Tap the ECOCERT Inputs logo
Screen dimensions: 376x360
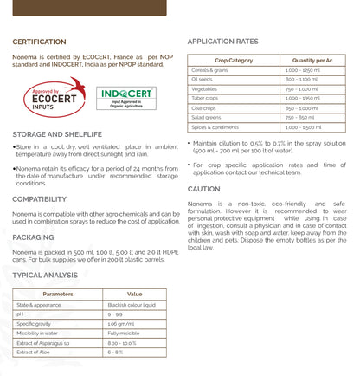pyautogui.click(x=48, y=97)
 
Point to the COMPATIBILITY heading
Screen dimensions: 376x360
pyautogui.click(x=40, y=199)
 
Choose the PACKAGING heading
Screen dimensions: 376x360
pyautogui.click(x=33, y=237)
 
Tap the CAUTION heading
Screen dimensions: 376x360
pyautogui.click(x=203, y=189)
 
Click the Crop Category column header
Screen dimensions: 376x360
pyautogui.click(x=234, y=60)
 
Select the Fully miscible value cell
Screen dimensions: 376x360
pyautogui.click(x=124, y=333)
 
